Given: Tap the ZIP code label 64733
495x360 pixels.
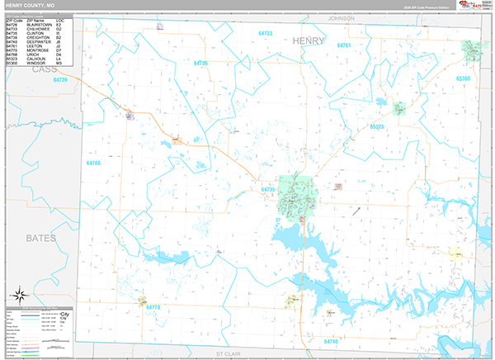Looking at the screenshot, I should point(265,33).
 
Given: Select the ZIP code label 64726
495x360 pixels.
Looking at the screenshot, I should point(200,63).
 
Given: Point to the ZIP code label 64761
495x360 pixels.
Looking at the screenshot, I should point(344,45).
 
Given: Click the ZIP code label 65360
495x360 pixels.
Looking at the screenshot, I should point(463,78).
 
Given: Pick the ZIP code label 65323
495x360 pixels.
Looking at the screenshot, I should point(377,126).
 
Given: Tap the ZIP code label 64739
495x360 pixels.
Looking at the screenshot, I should point(59,80).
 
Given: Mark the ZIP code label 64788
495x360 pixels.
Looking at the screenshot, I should point(93,163).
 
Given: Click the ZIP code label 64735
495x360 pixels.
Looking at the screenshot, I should point(266,190).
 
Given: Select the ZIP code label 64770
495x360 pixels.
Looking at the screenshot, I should point(153,306).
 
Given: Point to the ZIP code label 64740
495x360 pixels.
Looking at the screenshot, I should point(331,340).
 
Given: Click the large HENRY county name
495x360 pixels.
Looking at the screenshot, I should point(309,40).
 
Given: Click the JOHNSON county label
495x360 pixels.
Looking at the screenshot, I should point(341,17).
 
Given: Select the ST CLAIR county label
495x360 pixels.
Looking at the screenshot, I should point(226,353).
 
